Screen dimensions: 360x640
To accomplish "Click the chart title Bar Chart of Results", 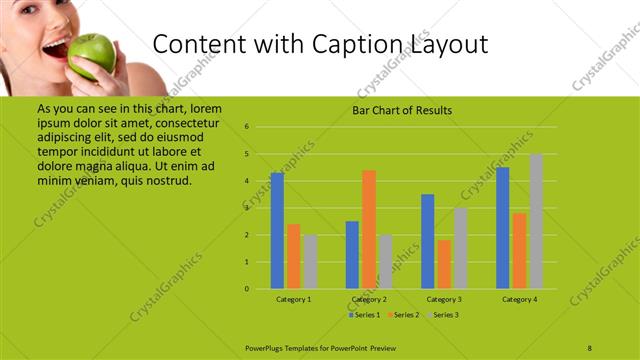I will click(x=402, y=110).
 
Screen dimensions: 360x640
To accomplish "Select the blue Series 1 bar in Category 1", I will click(x=277, y=231).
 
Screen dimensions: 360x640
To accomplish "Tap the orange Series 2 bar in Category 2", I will click(x=369, y=229).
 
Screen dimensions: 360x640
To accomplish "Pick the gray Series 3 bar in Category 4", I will click(x=536, y=221).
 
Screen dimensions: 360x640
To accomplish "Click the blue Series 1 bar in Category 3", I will click(x=428, y=241).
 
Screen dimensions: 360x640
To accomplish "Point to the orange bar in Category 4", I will click(x=520, y=250).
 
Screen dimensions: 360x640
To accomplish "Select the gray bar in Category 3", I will click(x=460, y=248).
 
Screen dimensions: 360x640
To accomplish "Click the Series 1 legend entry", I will click(x=365, y=315).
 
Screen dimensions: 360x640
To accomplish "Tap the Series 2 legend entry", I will click(x=403, y=315).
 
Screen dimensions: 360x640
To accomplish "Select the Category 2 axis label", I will click(x=369, y=299).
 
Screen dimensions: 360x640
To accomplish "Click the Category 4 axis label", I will click(x=520, y=299).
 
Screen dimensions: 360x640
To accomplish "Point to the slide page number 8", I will click(x=590, y=346).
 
